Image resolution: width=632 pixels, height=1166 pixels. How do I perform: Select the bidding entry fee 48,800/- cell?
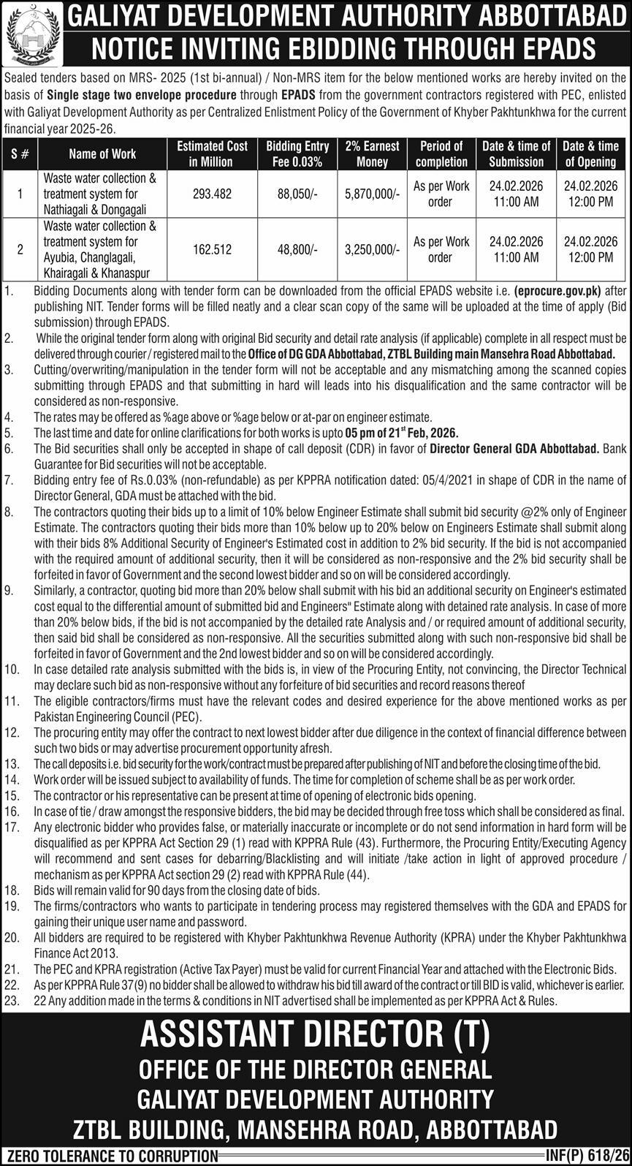[x=297, y=250]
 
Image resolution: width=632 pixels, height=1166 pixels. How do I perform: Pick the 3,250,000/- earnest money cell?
[x=372, y=250]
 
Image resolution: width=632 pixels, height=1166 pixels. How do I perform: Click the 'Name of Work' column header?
[x=102, y=154]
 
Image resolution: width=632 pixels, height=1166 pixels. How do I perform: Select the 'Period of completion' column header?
[x=441, y=154]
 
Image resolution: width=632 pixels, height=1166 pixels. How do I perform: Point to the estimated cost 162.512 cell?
[x=213, y=250]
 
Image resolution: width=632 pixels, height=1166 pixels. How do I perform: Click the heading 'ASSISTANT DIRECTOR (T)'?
[x=316, y=1034]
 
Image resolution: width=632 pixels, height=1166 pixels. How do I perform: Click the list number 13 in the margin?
[x=11, y=763]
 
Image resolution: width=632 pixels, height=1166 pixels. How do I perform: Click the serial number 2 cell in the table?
[x=20, y=250]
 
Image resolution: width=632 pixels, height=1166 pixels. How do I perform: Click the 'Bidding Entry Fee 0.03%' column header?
[x=297, y=154]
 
